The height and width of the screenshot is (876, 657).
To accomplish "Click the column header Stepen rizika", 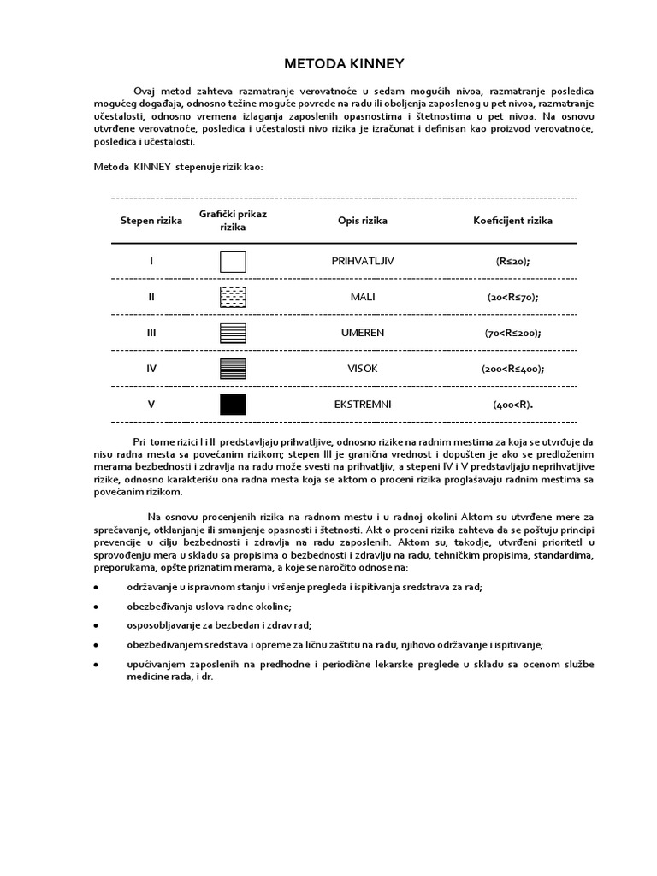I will coord(151,221).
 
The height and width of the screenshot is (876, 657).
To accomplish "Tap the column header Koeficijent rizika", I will coord(512,221).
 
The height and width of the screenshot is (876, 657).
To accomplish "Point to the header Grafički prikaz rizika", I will coord(233,221).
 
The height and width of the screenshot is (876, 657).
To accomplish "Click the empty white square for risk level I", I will coord(233,262).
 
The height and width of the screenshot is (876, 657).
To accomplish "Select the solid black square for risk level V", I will coord(233,405).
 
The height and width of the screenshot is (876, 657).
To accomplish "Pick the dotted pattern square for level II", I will coord(233,298).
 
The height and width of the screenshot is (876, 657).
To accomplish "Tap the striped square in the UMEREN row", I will coord(233,334).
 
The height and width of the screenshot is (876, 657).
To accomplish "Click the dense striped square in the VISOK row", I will coord(233,369).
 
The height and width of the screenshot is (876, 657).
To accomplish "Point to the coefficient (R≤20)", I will coord(512,262).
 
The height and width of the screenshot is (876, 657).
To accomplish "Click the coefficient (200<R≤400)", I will coord(512,370).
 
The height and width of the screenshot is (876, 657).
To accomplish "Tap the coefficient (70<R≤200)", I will coord(512,334).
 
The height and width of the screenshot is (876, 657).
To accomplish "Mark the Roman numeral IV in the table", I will coord(151,370).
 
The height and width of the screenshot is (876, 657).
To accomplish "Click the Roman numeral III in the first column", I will coord(151,334).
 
